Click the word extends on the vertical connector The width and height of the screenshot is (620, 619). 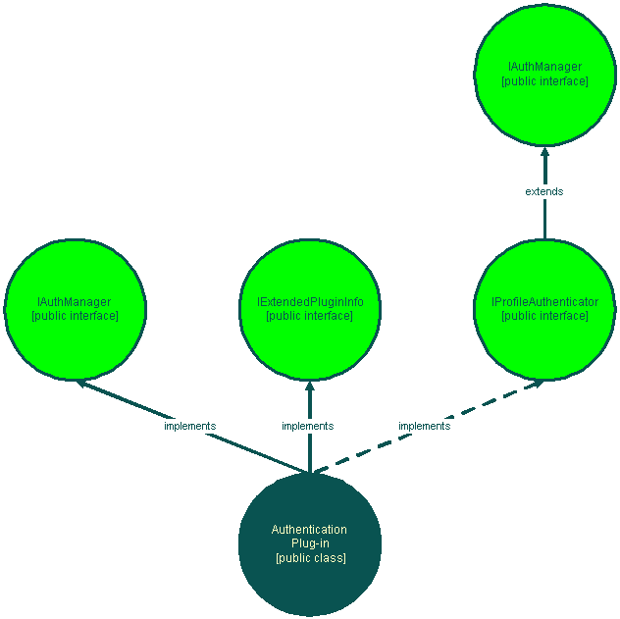pos(544,191)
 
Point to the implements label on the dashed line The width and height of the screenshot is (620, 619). pos(424,426)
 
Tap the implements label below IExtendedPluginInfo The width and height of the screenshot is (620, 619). pos(307,426)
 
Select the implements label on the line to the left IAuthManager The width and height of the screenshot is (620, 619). pos(189,426)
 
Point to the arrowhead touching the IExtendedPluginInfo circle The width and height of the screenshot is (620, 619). pos(309,387)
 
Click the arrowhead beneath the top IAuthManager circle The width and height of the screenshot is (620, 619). pos(544,152)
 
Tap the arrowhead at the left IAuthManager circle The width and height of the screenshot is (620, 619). pos(83,385)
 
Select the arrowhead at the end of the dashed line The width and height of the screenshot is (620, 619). pos(536,384)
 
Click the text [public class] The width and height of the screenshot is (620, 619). pos(310,558)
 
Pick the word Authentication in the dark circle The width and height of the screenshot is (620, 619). pos(309,530)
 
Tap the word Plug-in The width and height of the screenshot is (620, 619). pos(310,543)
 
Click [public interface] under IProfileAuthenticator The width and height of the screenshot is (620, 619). pos(544,316)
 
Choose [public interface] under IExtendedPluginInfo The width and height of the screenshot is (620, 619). pos(309,316)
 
